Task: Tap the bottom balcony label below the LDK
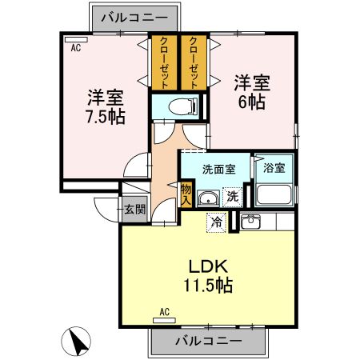[207, 341]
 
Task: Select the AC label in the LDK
[165, 311]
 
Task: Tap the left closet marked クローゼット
[164, 62]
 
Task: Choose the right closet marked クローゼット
[193, 62]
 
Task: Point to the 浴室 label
[274, 169]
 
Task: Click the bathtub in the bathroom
[274, 194]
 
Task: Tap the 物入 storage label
[186, 194]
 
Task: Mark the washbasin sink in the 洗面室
[207, 200]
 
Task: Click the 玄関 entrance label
[134, 210]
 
